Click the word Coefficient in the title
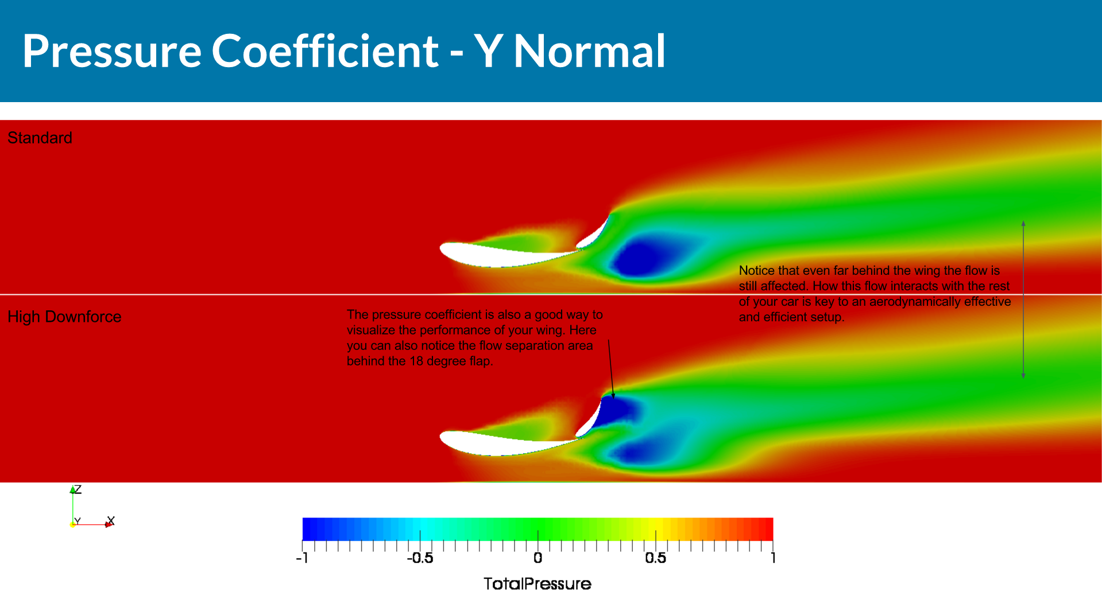coord(325,51)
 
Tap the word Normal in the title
coord(589,51)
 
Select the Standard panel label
coord(40,138)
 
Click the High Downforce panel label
coord(64,317)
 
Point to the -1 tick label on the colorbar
coord(302,558)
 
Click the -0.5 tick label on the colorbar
coord(420,558)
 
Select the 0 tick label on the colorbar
coord(538,558)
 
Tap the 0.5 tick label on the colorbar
coord(655,558)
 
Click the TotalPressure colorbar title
coord(537,584)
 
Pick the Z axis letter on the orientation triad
coord(78,489)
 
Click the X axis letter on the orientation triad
coord(111,520)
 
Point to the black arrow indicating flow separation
coord(611,369)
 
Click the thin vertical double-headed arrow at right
coord(1023,299)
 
